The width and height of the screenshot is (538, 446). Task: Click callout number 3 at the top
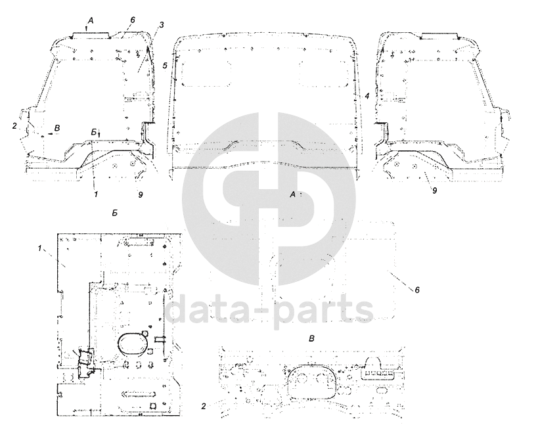point(162,25)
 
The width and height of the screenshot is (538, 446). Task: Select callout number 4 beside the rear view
point(367,97)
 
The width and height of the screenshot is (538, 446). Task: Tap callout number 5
point(165,66)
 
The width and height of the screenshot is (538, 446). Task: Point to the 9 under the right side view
point(434,190)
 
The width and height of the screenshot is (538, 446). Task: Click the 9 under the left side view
point(141,194)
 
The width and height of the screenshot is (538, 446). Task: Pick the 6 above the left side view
point(132,20)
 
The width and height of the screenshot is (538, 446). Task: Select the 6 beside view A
point(417,290)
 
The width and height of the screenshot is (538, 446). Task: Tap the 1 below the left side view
point(96,194)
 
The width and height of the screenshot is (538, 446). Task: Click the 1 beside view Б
point(40,248)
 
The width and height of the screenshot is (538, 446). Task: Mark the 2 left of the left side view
point(14,126)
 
